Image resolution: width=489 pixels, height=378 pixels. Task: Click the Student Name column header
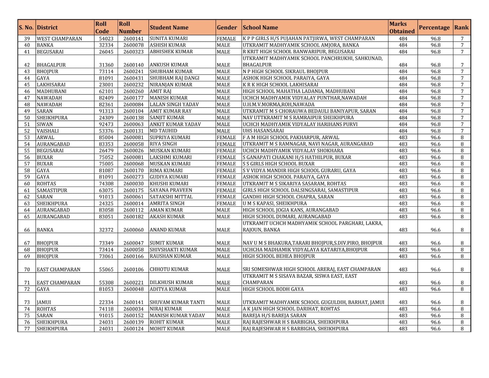pyautogui.click(x=169, y=28)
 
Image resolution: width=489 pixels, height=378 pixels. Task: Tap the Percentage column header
pyautogui.click(x=434, y=28)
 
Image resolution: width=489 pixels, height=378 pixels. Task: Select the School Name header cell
pyautogui.click(x=260, y=28)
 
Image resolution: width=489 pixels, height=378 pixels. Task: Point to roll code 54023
pyautogui.click(x=106, y=39)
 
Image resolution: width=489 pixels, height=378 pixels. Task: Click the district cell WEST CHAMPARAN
pyautogui.click(x=59, y=39)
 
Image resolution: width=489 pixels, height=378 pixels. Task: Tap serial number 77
pyautogui.click(x=27, y=329)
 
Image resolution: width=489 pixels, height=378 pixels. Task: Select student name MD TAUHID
pyautogui.click(x=164, y=131)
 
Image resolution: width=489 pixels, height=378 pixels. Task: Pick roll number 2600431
pyautogui.click(x=133, y=78)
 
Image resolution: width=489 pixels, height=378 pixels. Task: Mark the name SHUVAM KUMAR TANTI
pyautogui.click(x=177, y=302)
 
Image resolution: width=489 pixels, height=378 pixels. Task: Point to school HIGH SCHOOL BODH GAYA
pyautogui.click(x=273, y=289)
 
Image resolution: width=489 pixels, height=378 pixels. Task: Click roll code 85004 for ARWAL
pyautogui.click(x=106, y=138)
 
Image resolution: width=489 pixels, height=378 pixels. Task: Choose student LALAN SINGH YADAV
pyautogui.click(x=174, y=105)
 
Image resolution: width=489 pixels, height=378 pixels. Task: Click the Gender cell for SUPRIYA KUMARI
pyautogui.click(x=226, y=138)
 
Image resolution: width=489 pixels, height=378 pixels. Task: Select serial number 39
pyautogui.click(x=27, y=39)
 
